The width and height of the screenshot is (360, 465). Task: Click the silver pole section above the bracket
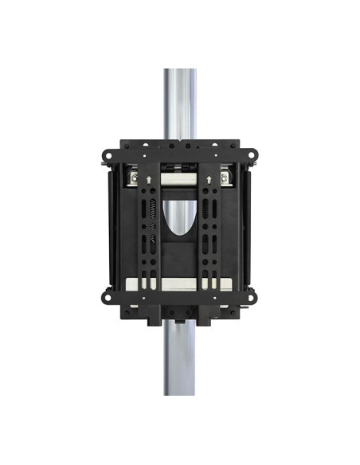(x=180, y=104)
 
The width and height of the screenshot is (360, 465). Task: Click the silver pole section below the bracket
(x=180, y=358)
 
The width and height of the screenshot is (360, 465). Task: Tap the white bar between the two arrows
(x=180, y=180)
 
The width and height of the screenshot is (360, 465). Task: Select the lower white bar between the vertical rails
(x=180, y=283)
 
